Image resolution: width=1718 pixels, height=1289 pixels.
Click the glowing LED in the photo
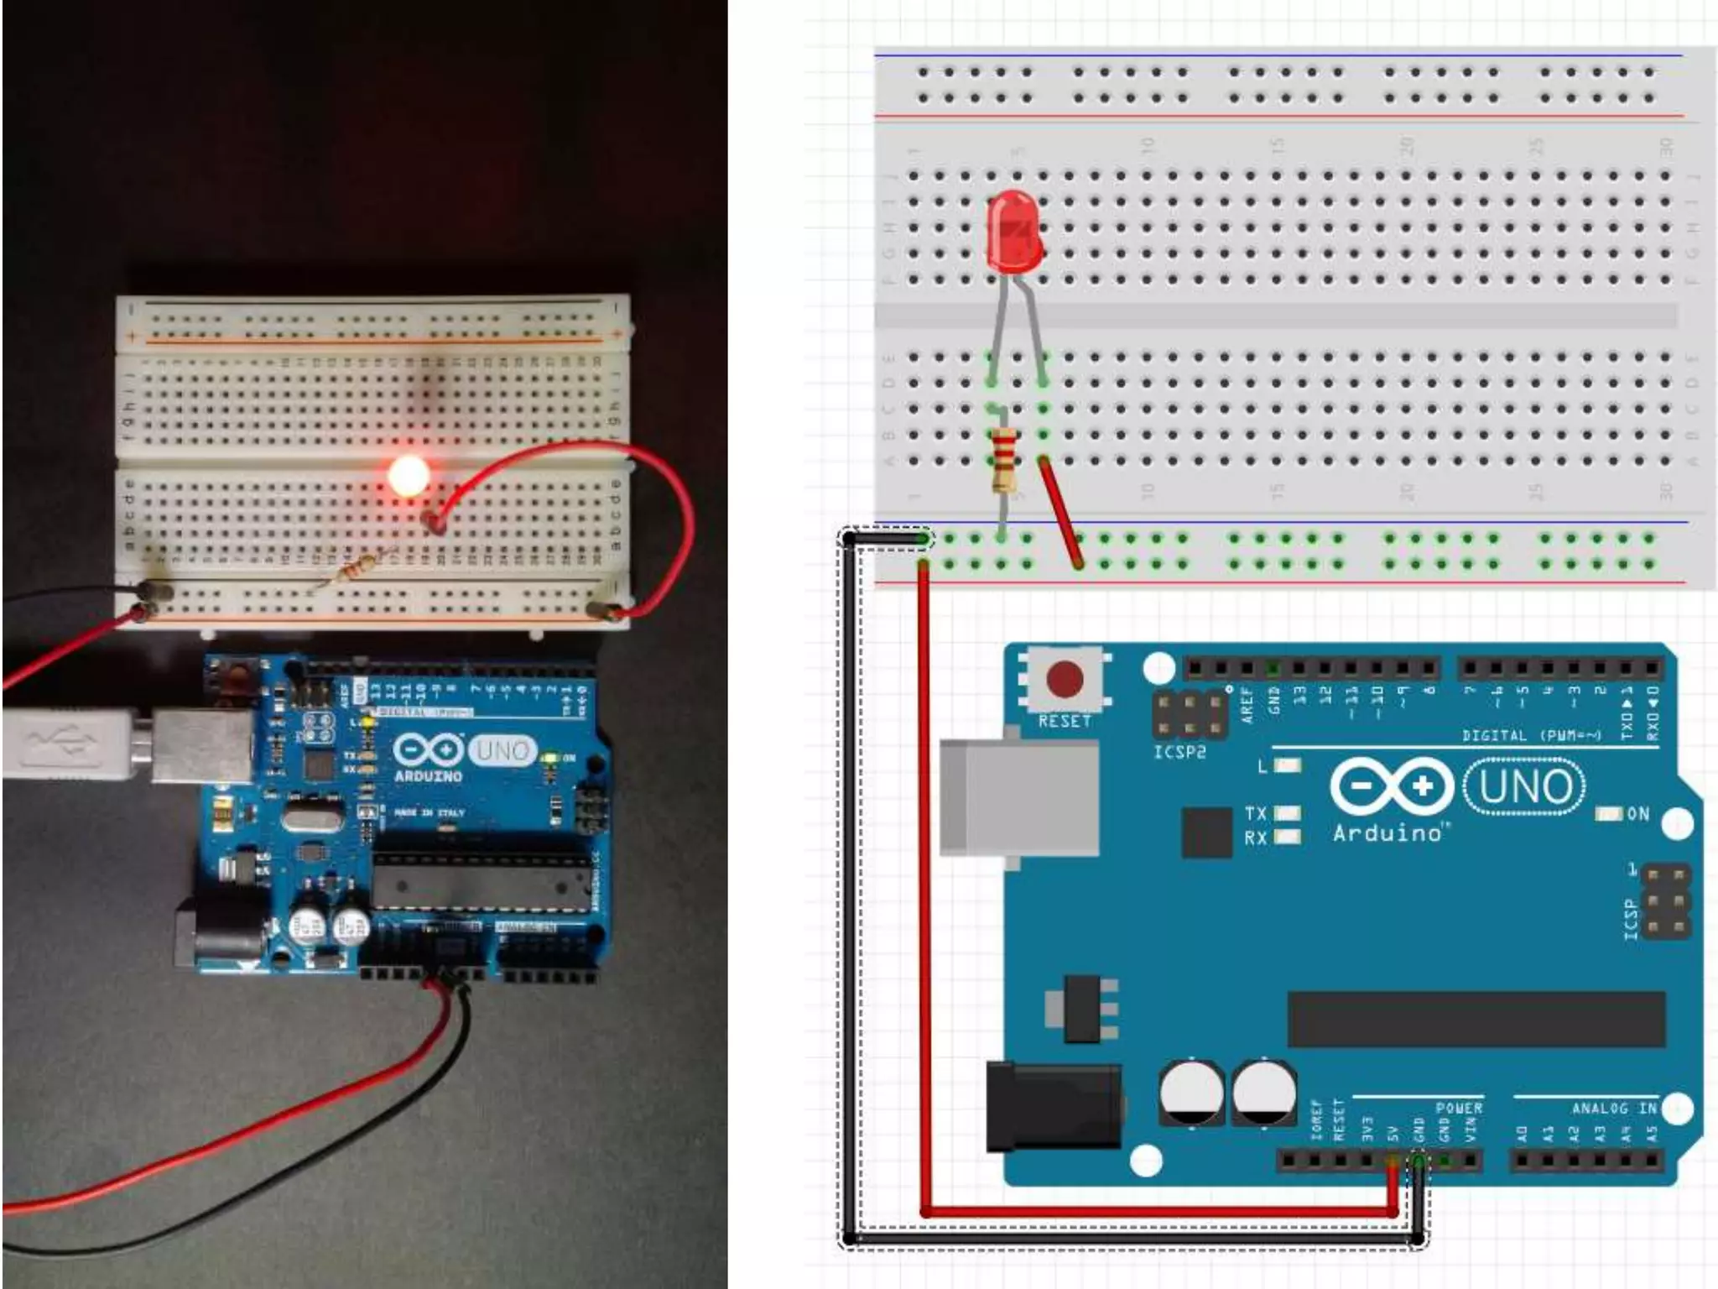point(409,476)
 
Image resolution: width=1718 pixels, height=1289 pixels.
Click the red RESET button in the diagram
point(1065,679)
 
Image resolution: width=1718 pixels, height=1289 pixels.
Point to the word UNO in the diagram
point(1525,786)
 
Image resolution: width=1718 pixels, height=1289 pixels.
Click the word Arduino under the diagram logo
point(1388,833)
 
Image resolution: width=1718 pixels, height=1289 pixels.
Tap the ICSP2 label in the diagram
point(1179,753)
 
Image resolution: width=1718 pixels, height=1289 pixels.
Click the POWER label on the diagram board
point(1459,1109)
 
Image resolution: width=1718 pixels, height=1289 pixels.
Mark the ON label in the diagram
point(1637,814)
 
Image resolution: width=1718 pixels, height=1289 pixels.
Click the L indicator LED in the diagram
point(1288,765)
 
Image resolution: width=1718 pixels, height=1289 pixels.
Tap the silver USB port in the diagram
point(1019,797)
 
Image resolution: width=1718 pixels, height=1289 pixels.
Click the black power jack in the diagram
point(1054,1106)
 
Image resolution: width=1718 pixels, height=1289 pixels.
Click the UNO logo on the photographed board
point(502,749)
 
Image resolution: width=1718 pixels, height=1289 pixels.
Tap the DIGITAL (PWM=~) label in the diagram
point(1532,736)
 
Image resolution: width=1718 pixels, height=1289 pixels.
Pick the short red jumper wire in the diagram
point(1060,512)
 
